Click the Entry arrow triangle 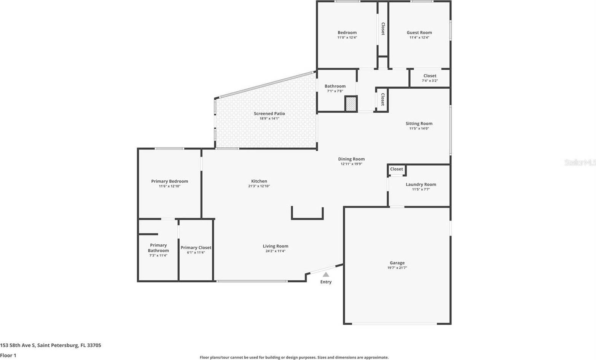pyautogui.click(x=326, y=274)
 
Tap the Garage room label pyautogui.click(x=397, y=263)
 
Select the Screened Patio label pyautogui.click(x=269, y=113)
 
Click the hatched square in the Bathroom pyautogui.click(x=351, y=104)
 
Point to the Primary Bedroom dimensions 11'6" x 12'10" pyautogui.click(x=169, y=186)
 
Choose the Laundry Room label pyautogui.click(x=421, y=185)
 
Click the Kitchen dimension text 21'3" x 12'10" pyautogui.click(x=259, y=186)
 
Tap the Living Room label pyautogui.click(x=275, y=246)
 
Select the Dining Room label pyautogui.click(x=351, y=159)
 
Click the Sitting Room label pyautogui.click(x=419, y=124)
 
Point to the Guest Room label pyautogui.click(x=419, y=33)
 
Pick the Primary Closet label pyautogui.click(x=196, y=248)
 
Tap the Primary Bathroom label pyautogui.click(x=158, y=248)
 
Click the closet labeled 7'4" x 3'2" pyautogui.click(x=430, y=78)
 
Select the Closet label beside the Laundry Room pyautogui.click(x=396, y=169)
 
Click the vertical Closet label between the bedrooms pyautogui.click(x=383, y=29)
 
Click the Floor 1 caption pyautogui.click(x=8, y=355)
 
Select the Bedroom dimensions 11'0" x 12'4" pyautogui.click(x=347, y=38)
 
